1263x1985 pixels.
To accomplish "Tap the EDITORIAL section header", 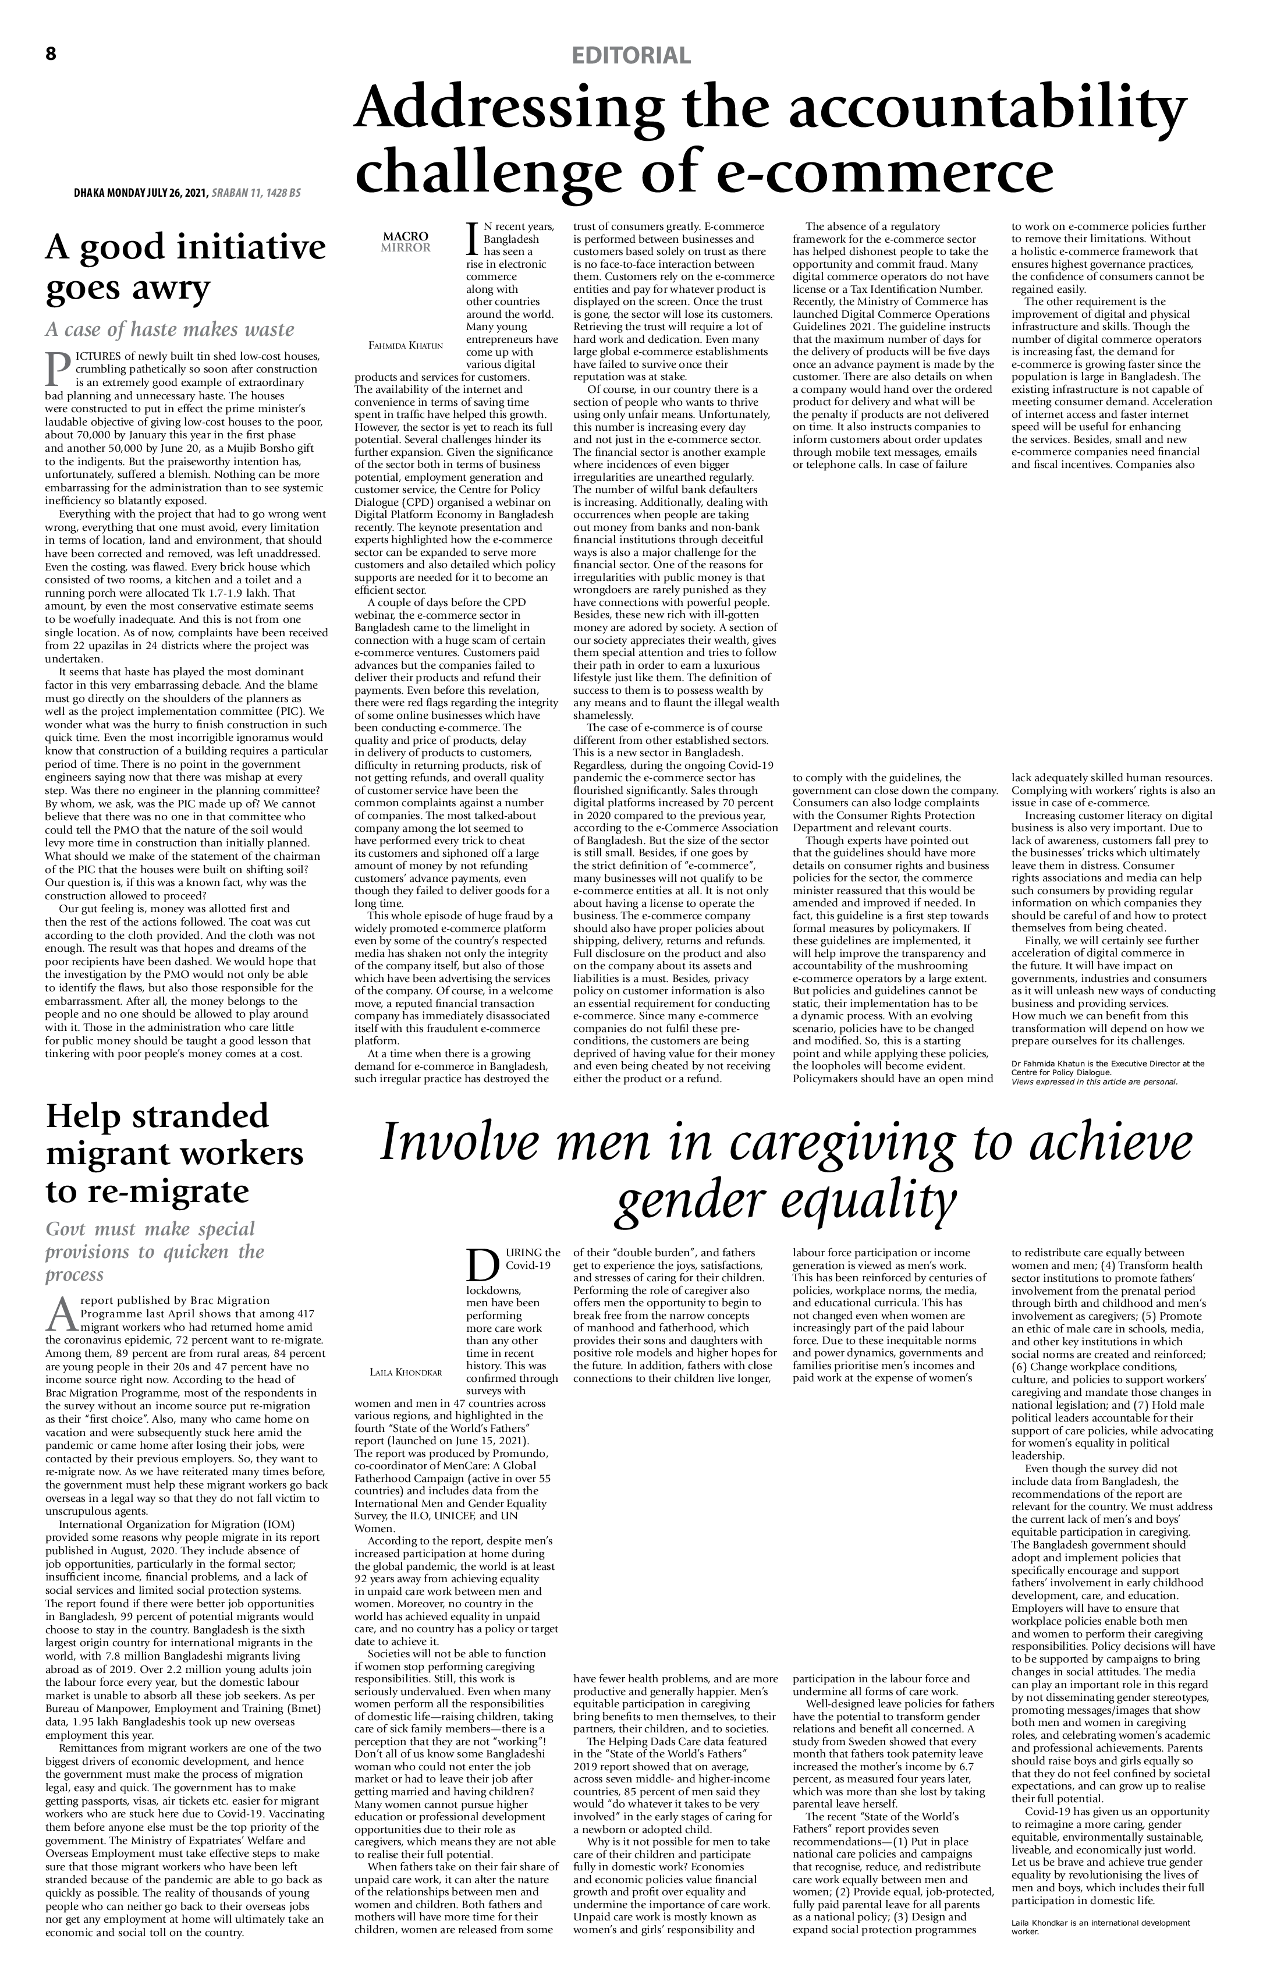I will pyautogui.click(x=631, y=56).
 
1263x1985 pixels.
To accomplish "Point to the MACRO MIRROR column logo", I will pyautogui.click(x=406, y=242).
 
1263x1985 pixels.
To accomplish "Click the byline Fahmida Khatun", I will pyautogui.click(x=406, y=345).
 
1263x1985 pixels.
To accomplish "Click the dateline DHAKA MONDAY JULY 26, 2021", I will pyautogui.click(x=140, y=193).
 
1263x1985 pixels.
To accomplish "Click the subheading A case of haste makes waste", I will pyautogui.click(x=170, y=329).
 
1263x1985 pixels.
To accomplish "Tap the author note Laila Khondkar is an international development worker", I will pyautogui.click(x=1100, y=1926).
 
